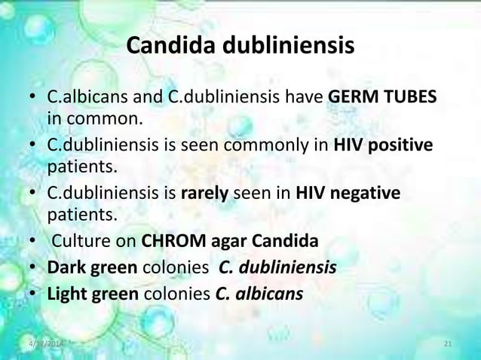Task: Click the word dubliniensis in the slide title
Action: [286, 47]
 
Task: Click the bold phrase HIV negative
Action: [348, 194]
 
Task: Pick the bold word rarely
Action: [204, 194]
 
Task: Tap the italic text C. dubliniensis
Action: [277, 267]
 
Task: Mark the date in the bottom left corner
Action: [42, 345]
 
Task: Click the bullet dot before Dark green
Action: [34, 268]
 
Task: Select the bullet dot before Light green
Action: [34, 293]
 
